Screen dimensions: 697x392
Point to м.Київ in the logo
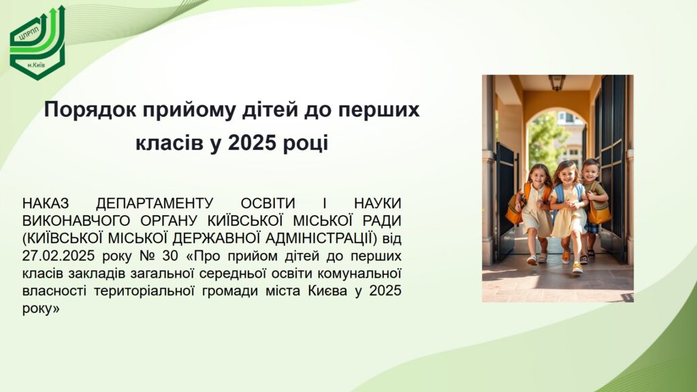pos(37,65)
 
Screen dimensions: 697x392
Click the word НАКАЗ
pos(46,203)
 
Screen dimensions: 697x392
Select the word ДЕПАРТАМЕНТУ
pos(155,203)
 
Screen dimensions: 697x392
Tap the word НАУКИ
pos(377,203)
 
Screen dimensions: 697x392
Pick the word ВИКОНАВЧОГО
pos(76,221)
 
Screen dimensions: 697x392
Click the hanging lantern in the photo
pos(557,82)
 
